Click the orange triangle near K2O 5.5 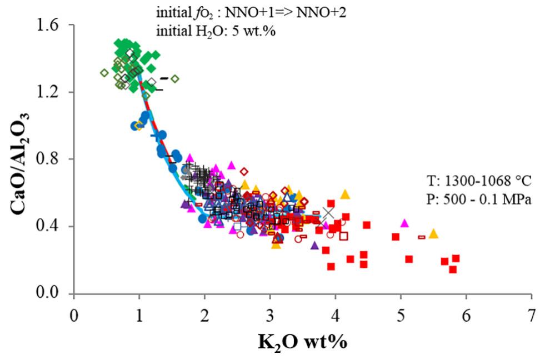(x=433, y=234)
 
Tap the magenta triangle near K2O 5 (x=404, y=223)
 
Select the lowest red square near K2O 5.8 (x=453, y=269)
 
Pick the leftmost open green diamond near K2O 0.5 (x=104, y=73)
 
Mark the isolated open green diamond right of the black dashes (x=174, y=79)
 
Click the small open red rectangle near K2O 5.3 (x=422, y=237)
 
